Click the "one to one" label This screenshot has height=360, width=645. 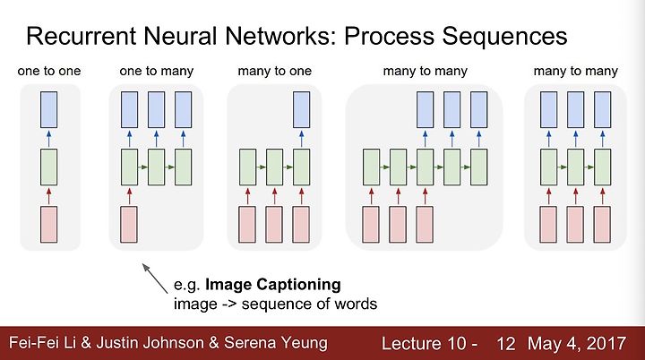(49, 70)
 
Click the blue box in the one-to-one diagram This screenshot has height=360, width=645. (49, 108)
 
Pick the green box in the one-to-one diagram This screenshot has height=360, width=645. (49, 167)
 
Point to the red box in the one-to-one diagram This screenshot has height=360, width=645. (49, 225)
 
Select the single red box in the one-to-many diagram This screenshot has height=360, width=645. (130, 225)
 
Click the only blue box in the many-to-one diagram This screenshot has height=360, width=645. (302, 108)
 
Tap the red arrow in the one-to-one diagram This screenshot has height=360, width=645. (49, 194)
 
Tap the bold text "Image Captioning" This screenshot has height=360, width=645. (273, 285)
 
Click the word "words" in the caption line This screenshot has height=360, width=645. (355, 304)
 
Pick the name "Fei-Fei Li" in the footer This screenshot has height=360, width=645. (42, 343)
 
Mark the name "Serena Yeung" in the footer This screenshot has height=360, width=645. (276, 343)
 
